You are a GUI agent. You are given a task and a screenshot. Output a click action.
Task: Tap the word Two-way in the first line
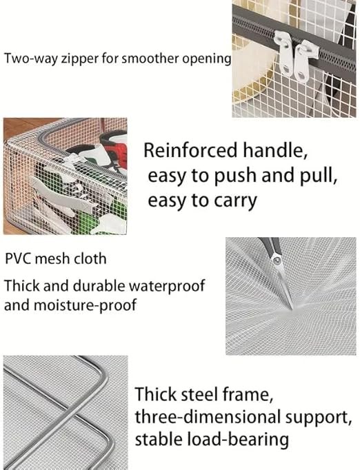(x=31, y=58)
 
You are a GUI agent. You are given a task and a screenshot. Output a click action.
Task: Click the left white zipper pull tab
(x=286, y=54)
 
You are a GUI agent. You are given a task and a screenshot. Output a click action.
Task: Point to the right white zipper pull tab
(x=302, y=61)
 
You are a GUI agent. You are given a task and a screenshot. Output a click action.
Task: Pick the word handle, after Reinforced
(x=275, y=150)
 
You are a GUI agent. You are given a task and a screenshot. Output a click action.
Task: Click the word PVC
(x=18, y=258)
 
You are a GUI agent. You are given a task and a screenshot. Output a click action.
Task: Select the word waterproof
(x=166, y=286)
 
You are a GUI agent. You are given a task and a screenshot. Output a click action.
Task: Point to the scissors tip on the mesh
(x=292, y=309)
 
